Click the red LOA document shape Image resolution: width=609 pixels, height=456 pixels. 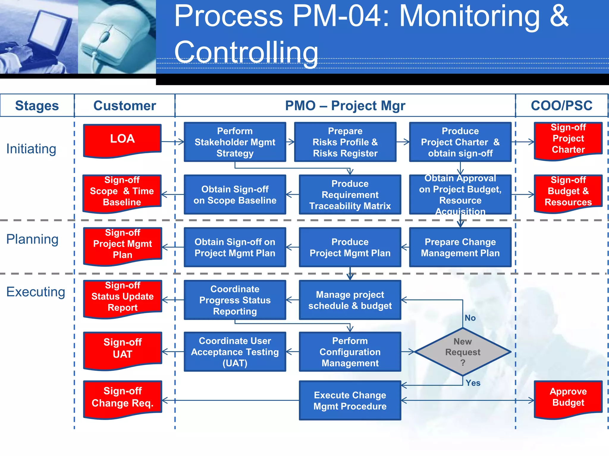pos(122,140)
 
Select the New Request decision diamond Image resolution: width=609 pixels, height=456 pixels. pos(462,352)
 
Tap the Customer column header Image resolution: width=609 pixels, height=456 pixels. pos(125,106)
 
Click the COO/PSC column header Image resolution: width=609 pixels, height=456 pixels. pos(561,106)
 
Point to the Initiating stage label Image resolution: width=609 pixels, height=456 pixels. pos(31,149)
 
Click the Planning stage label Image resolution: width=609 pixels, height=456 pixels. pos(32,239)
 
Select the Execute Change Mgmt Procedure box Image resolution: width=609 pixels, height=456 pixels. pos(350,400)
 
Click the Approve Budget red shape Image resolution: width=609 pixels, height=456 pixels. pos(568,398)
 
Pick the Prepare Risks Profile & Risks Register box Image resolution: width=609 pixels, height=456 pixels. pos(345,142)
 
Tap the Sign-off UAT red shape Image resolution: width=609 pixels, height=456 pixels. pos(122,349)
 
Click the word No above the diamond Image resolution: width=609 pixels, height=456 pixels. pos(470,318)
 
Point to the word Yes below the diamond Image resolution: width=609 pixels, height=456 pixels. pos(473,383)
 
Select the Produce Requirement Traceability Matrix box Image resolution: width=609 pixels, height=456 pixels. pos(350,194)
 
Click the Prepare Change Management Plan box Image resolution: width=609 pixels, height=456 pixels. pos(460,247)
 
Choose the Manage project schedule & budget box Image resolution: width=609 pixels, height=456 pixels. pos(350,300)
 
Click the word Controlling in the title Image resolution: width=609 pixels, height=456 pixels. pos(246,52)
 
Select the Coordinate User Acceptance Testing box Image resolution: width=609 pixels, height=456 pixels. pos(235,352)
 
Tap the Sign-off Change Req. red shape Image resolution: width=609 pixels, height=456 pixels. pos(122,398)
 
